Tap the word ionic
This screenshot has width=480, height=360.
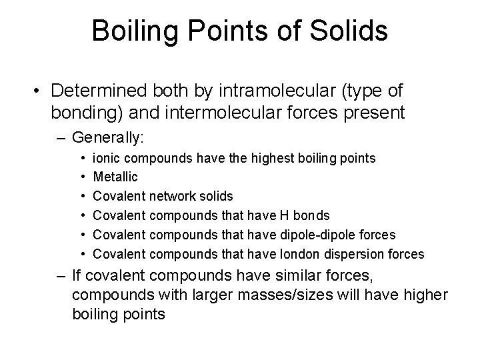(x=106, y=159)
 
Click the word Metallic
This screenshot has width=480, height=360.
(x=116, y=177)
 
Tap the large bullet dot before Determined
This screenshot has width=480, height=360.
(x=41, y=91)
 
